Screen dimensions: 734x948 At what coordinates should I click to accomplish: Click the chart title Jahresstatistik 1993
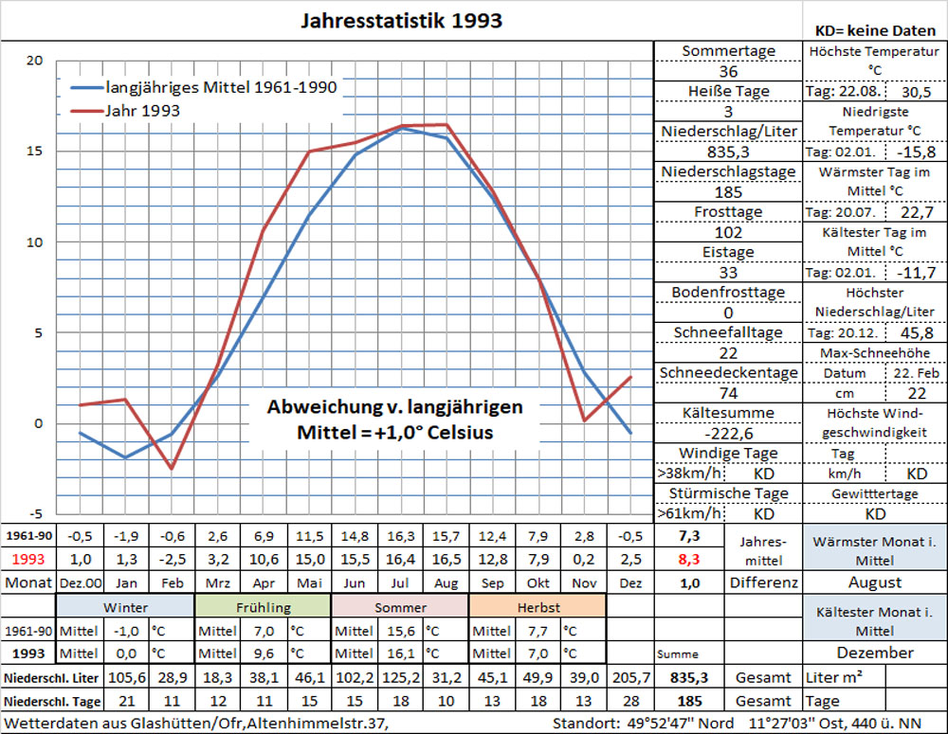click(x=401, y=20)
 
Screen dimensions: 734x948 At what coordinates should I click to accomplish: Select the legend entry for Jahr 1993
click(x=142, y=111)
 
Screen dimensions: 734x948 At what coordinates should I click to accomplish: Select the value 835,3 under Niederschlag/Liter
click(x=728, y=152)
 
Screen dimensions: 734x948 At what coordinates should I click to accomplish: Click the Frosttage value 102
click(x=728, y=232)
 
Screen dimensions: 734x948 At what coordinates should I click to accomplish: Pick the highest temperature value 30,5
click(x=916, y=92)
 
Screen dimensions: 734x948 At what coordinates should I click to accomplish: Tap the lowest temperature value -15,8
click(x=916, y=152)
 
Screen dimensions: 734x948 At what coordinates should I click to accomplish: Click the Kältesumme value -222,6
click(x=728, y=433)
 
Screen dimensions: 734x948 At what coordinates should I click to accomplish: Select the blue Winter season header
click(x=125, y=606)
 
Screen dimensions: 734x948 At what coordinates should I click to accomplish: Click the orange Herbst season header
click(x=537, y=606)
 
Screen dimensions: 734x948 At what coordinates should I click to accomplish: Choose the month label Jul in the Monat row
click(x=401, y=582)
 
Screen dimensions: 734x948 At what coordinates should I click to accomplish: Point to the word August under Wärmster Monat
click(x=875, y=582)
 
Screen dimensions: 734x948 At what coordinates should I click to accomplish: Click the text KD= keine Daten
click(x=875, y=30)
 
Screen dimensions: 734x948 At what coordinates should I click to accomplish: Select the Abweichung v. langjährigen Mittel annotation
click(x=393, y=420)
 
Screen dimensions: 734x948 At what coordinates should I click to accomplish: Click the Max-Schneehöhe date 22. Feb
click(x=916, y=373)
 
